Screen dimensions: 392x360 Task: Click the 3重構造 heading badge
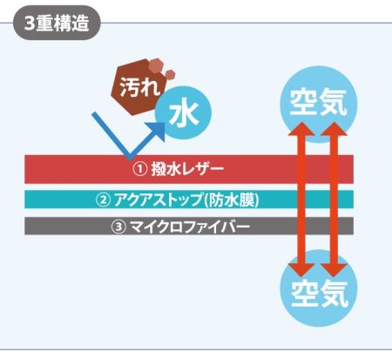pyautogui.click(x=57, y=23)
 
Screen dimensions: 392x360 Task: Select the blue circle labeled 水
pyautogui.click(x=184, y=112)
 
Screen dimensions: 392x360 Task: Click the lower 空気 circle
pyautogui.click(x=319, y=290)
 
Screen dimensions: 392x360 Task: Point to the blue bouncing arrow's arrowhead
pyautogui.click(x=157, y=131)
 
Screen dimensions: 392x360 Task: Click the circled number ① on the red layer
pyautogui.click(x=140, y=169)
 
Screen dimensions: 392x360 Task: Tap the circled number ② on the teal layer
pyautogui.click(x=103, y=200)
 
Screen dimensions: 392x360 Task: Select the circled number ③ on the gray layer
pyautogui.click(x=118, y=227)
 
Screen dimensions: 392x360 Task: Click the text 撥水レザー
pyautogui.click(x=187, y=169)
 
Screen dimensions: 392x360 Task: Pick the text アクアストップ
pyautogui.click(x=158, y=200)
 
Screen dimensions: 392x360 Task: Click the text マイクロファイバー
pyautogui.click(x=189, y=227)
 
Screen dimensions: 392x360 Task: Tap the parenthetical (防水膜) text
pyautogui.click(x=232, y=200)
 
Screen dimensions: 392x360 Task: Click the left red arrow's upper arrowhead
pyautogui.click(x=301, y=129)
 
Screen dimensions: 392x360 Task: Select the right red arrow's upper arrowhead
pyautogui.click(x=334, y=129)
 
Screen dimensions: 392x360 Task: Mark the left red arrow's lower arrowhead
pyautogui.click(x=301, y=270)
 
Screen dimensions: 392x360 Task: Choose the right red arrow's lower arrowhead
pyautogui.click(x=334, y=270)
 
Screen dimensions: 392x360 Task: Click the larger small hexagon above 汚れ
pyautogui.click(x=157, y=65)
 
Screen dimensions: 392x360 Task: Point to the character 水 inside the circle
pyautogui.click(x=184, y=113)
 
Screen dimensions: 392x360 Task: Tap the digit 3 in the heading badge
pyautogui.click(x=30, y=23)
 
